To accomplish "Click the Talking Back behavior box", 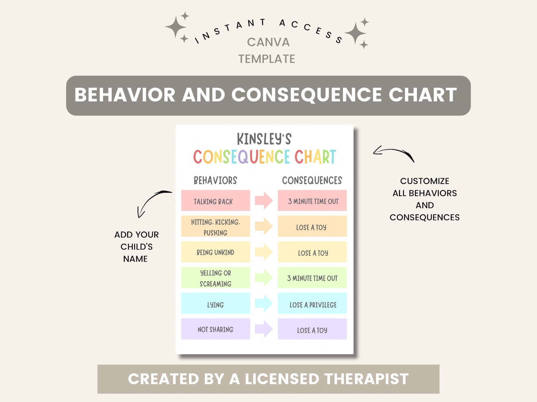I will click(x=215, y=201).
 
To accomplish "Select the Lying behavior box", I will click(x=215, y=303).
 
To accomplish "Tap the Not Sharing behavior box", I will click(x=215, y=329).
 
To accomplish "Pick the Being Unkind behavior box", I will click(x=215, y=252).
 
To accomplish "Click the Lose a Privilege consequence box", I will click(x=312, y=303).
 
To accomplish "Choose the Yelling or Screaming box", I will click(x=215, y=278).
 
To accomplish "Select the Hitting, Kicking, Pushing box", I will click(x=215, y=226).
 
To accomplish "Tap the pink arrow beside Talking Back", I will click(x=264, y=200).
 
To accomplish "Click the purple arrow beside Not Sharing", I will click(x=264, y=329).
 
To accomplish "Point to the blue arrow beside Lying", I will click(x=264, y=303).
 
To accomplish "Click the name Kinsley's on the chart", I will click(x=264, y=139).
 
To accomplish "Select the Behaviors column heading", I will click(x=215, y=181).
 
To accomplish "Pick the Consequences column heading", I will click(x=312, y=181).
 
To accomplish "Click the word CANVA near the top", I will click(x=268, y=43).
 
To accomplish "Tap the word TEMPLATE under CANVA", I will click(x=267, y=59).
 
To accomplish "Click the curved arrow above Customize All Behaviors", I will click(x=394, y=154).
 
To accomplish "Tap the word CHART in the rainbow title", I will click(x=315, y=157).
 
